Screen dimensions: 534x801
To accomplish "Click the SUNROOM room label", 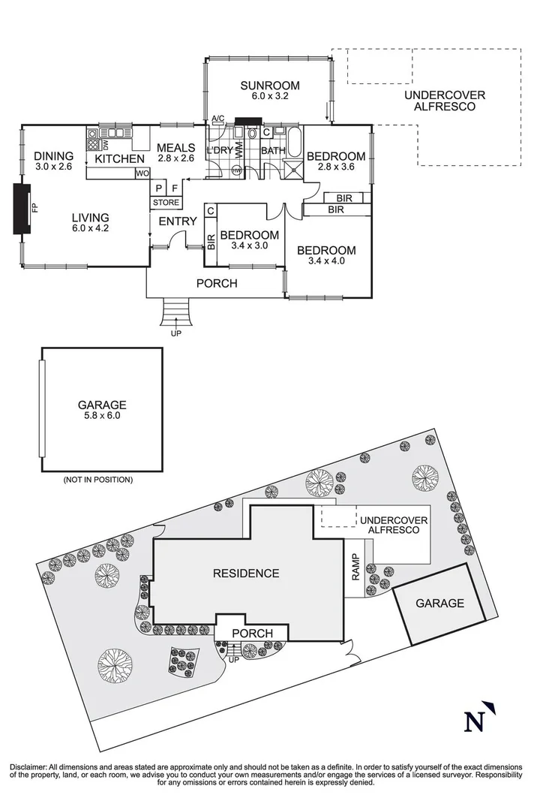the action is pos(270,85).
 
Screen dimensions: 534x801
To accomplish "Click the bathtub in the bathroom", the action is pos(295,140).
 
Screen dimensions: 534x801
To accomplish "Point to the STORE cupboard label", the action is pos(166,202).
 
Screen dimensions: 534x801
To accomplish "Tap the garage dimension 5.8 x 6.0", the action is pos(102,415).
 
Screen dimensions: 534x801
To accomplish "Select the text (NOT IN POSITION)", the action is pos(97,478).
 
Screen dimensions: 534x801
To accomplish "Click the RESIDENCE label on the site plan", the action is pos(246,574).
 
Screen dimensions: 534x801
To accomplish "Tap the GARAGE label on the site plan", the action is pos(439,603).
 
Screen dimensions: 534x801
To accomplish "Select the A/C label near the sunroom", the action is pos(218,119).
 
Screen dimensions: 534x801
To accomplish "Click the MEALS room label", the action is pos(176,148).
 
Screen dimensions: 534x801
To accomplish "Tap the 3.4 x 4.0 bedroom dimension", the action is pos(325,261).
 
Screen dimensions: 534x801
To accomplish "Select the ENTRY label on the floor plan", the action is pos(178,221).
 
